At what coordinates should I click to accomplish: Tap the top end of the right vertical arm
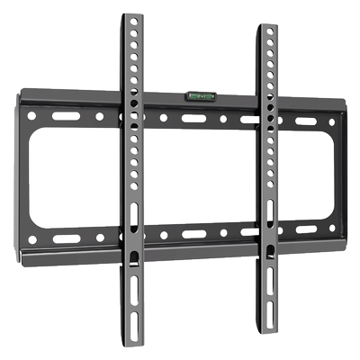[x=268, y=29]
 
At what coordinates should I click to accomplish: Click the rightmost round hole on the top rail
[x=331, y=121]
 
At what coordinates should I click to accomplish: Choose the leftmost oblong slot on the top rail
[x=64, y=116]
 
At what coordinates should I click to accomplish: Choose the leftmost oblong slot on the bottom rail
[x=65, y=239]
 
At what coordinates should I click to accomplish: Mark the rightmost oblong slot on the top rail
[x=306, y=121]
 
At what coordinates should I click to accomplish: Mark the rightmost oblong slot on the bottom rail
[x=306, y=229]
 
